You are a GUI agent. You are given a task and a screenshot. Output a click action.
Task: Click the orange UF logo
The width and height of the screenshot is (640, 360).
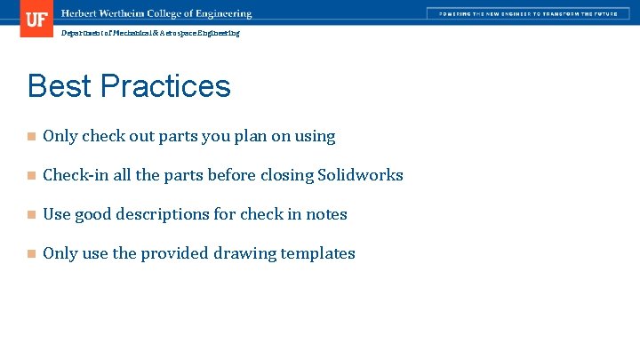click(x=36, y=18)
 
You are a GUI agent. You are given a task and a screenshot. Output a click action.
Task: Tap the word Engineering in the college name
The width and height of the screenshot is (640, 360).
click(x=223, y=14)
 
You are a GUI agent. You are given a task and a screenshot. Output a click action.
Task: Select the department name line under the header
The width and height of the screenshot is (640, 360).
click(x=150, y=33)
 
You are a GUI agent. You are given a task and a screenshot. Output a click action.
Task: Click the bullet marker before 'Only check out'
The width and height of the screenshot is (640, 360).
click(x=30, y=137)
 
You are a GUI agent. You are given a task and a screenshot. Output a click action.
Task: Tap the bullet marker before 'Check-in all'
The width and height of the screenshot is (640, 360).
click(x=30, y=176)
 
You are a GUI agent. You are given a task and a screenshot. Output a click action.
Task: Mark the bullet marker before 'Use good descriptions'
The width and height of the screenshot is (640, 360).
click(x=30, y=215)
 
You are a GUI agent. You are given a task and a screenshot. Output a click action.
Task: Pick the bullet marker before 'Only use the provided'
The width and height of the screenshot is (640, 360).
click(x=30, y=254)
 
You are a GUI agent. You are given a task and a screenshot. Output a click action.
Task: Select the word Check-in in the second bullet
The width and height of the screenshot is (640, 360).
click(x=75, y=175)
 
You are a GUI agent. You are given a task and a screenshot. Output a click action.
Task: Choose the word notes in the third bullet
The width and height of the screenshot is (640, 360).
click(x=326, y=214)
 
